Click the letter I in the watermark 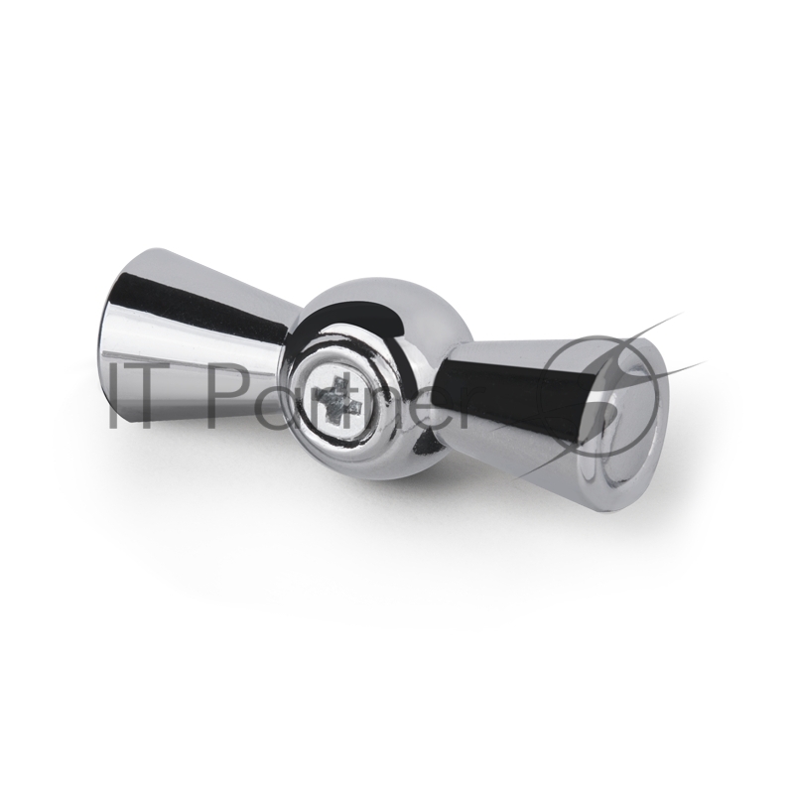pos(115,395)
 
